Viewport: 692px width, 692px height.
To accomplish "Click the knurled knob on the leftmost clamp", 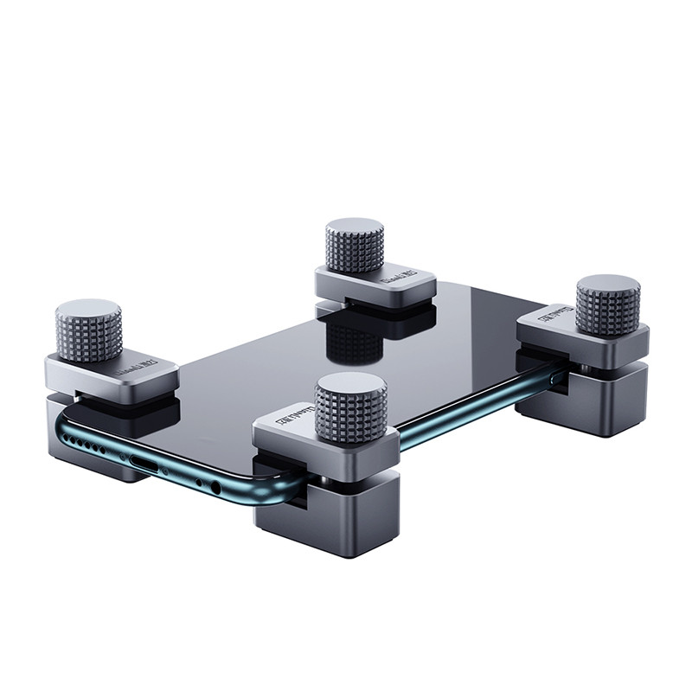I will [x=88, y=332].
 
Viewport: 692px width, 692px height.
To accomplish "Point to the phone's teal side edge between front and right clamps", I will [x=467, y=424].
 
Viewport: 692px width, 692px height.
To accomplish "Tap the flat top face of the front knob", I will [x=349, y=386].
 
